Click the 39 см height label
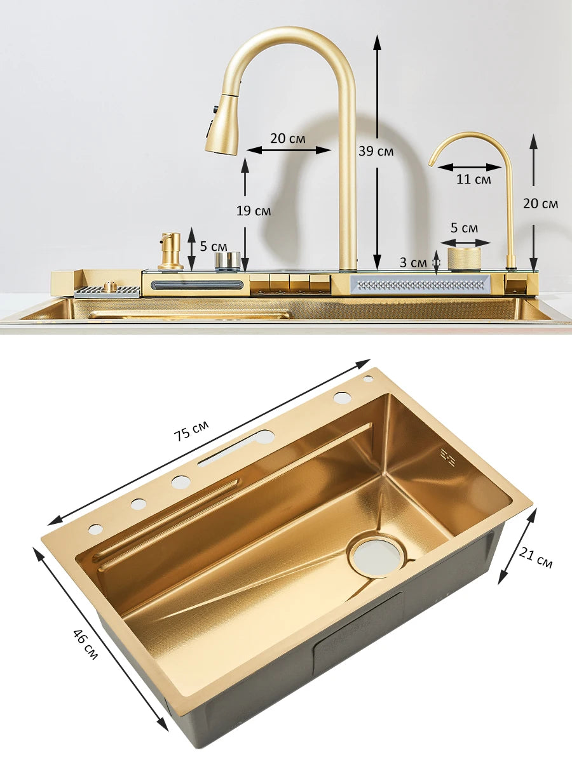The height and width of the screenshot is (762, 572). [x=376, y=151]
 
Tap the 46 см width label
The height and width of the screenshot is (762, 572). [x=85, y=644]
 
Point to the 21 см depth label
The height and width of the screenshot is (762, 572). [x=535, y=558]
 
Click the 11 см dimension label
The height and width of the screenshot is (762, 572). [x=473, y=179]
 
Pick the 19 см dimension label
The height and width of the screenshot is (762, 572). [x=253, y=211]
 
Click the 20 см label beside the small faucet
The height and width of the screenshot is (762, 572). [x=540, y=203]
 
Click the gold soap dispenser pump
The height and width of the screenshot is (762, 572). [x=170, y=251]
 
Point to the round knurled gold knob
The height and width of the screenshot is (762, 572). [x=464, y=258]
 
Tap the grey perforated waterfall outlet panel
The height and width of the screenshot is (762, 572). [x=419, y=284]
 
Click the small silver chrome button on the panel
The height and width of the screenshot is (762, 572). [x=227, y=260]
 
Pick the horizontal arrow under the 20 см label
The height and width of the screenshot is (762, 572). [x=289, y=150]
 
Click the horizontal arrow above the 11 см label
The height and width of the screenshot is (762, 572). [x=470, y=167]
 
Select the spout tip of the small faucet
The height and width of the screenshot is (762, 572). [x=433, y=163]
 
